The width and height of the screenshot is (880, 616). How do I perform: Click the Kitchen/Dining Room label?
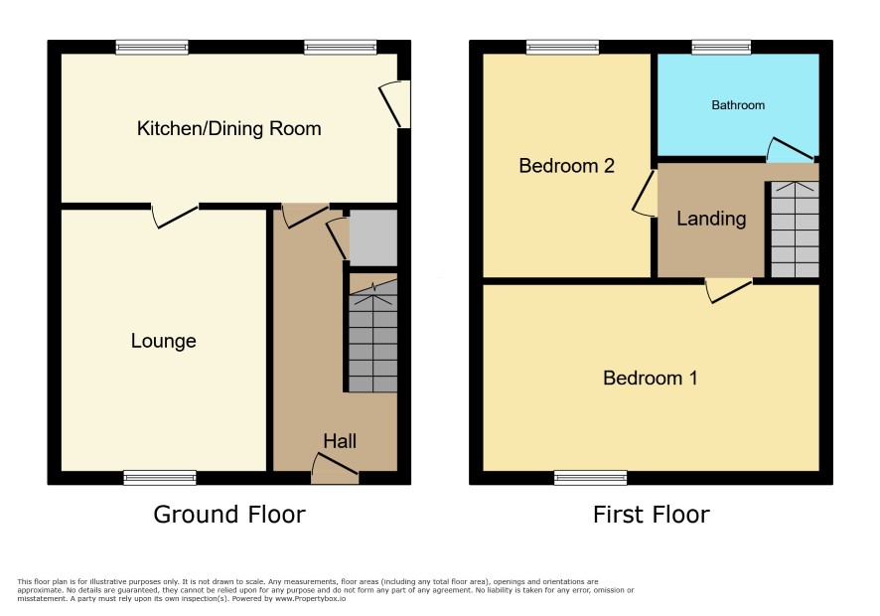coord(229,128)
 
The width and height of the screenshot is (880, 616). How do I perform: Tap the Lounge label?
coord(163,341)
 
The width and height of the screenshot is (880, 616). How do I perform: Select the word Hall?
coord(340,441)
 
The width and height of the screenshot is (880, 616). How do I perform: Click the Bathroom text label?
coord(738,105)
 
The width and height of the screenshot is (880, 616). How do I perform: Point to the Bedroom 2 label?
coord(566,166)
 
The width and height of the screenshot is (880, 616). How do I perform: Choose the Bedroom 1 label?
coord(650,378)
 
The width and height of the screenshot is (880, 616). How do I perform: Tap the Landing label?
coord(711,219)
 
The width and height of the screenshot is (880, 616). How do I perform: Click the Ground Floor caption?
coord(229,515)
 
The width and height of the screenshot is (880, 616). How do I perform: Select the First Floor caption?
coord(651,515)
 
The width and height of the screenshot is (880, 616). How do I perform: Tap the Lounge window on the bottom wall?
coord(160,477)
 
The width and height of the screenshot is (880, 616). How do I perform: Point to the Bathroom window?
coord(721,47)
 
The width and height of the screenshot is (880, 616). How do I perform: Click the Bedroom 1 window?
coord(590,477)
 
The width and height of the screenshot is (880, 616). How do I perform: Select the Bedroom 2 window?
coord(562,47)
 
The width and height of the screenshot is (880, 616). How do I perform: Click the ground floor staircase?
coord(373,336)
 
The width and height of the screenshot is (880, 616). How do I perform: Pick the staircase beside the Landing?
coord(795,230)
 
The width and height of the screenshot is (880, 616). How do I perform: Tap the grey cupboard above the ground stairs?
coord(373,238)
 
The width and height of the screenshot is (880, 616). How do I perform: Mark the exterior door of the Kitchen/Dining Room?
coord(394,104)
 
